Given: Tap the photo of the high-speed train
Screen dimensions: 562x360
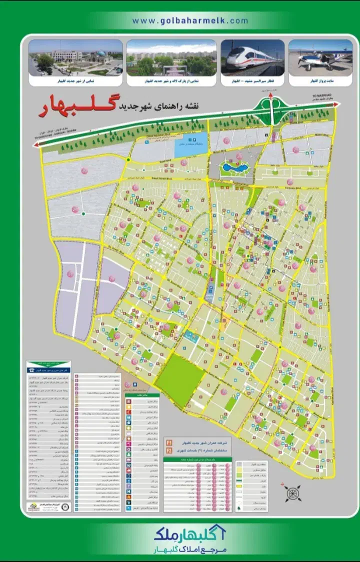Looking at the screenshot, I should [252, 57].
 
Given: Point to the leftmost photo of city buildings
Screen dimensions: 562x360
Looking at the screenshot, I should [75, 57].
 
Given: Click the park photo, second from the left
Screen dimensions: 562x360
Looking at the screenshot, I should [171, 57].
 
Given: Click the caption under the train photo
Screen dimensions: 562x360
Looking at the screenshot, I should [252, 80].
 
